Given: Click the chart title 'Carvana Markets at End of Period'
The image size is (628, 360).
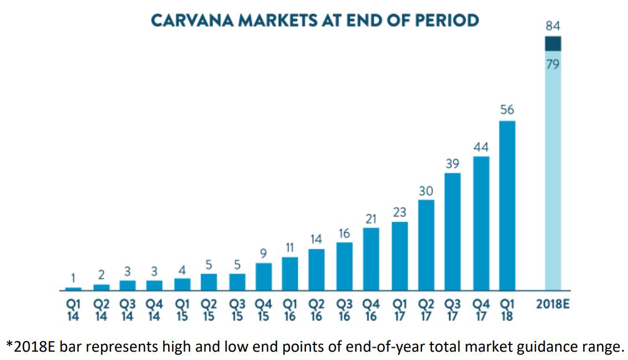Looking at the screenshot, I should coord(315,21).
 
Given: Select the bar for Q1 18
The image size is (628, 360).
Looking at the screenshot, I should coord(507,206).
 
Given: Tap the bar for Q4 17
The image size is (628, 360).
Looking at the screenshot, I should coord(481,223).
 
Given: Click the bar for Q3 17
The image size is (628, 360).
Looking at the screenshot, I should coord(453,232).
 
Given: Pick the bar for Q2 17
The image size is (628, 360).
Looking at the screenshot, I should coord(426,245).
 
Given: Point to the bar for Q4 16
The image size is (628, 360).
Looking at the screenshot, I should coord(371,259).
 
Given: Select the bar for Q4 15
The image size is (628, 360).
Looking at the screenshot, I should coord(264,277).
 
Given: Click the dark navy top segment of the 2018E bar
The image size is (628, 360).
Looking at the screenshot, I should coord(552,44).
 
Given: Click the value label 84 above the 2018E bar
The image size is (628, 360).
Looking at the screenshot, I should coord(553,26).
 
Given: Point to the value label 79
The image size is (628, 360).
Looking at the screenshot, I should coord(552,64).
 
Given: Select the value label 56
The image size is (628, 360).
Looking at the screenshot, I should coord(507,110).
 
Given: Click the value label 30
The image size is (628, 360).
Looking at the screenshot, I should coord(426,191).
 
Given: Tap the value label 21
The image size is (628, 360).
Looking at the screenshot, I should coord(371,219).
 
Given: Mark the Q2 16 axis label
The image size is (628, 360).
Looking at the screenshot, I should coord(316,310).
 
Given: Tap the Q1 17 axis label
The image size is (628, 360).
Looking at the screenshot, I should coord(399,310).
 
